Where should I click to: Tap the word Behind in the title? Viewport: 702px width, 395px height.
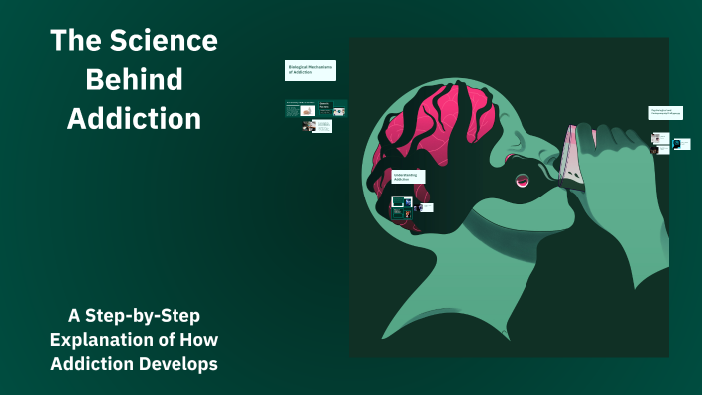[134, 80]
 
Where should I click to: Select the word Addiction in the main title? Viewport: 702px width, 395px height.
[134, 119]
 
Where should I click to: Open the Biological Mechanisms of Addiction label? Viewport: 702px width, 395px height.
[310, 70]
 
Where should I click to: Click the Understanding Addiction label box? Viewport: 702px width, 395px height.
[408, 176]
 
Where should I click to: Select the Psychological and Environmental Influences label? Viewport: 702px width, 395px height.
[665, 113]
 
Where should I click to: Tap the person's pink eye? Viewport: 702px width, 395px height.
[519, 181]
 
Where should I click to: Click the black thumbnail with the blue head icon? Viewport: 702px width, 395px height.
[682, 144]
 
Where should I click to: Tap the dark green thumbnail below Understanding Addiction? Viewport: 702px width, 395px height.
[401, 202]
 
